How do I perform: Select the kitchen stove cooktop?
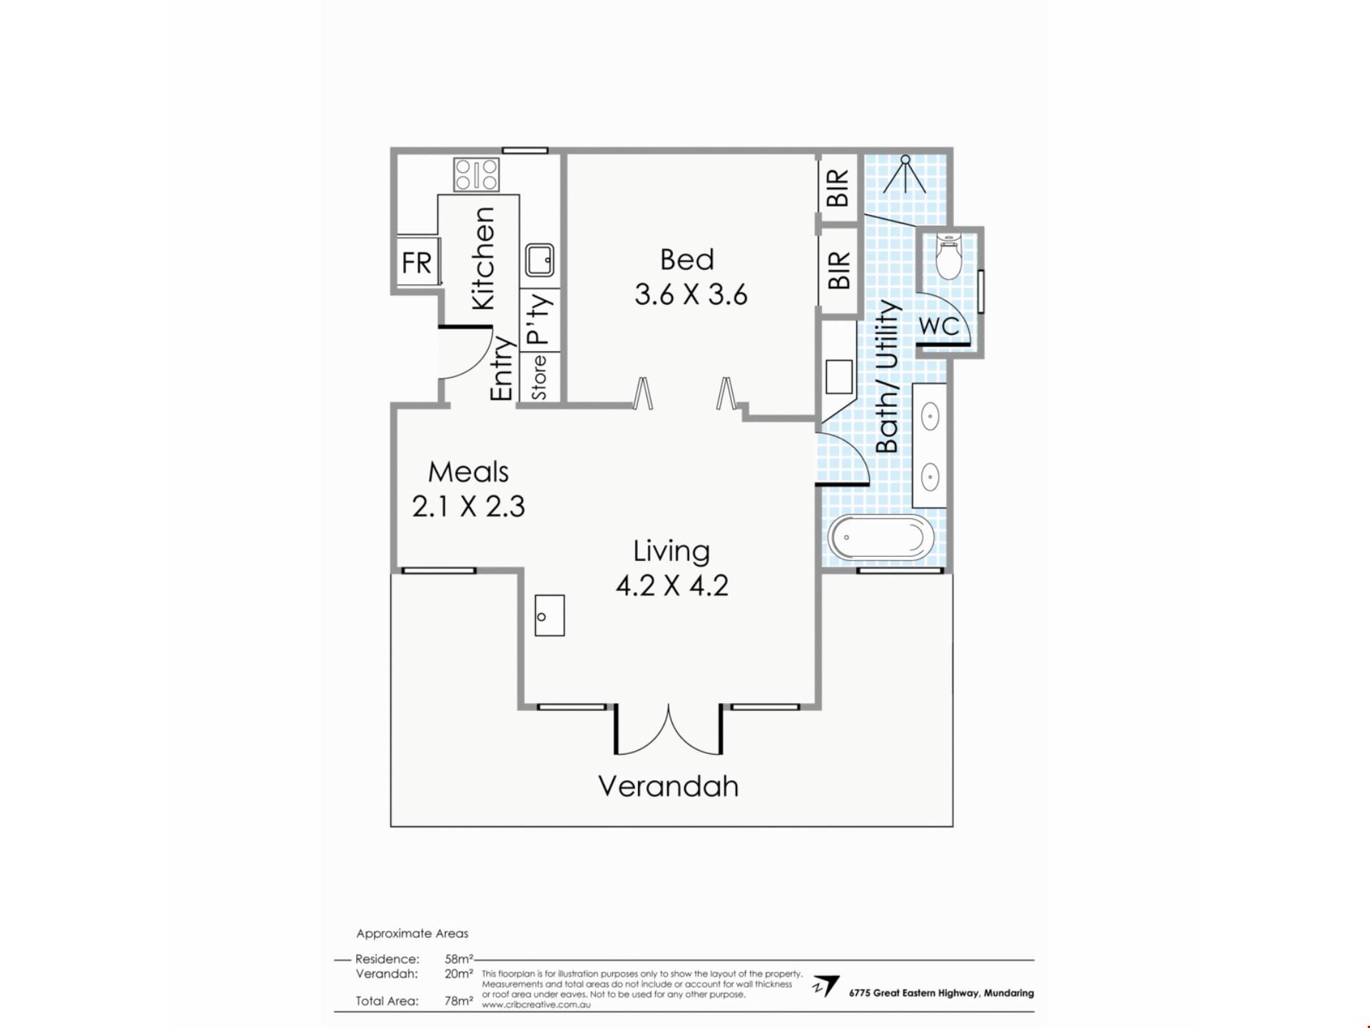pos(477,174)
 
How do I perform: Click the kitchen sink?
pos(539,259)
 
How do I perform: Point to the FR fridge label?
pos(417,263)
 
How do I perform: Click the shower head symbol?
pos(905,175)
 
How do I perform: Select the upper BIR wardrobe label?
pos(838,187)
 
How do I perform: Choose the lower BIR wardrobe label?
pos(838,270)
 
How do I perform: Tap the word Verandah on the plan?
pos(668,786)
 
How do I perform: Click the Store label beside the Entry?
pos(539,378)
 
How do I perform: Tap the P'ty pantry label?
pos(539,318)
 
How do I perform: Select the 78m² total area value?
pos(459,1001)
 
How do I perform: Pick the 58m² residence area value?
pos(459,959)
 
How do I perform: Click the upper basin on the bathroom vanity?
pos(930,416)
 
